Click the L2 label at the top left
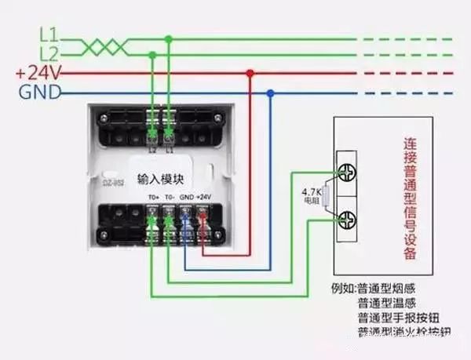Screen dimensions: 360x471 tap(49, 53)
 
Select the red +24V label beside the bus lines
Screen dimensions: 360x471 tap(32, 73)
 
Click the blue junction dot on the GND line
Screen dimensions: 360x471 tap(270, 93)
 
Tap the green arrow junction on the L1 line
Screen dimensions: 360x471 tap(169, 38)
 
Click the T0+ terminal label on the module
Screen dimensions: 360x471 tap(153, 196)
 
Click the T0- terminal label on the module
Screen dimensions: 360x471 tap(170, 196)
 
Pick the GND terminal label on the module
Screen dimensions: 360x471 tap(186, 196)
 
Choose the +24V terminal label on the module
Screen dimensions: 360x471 tap(203, 196)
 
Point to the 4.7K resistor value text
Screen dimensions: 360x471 tap(312, 191)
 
